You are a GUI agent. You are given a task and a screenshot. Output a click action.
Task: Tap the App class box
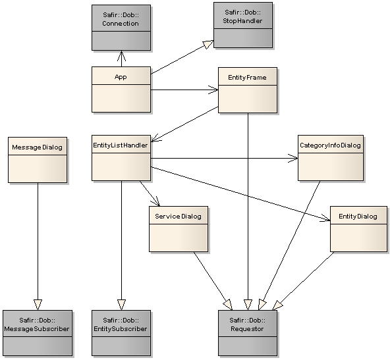coord(120,89)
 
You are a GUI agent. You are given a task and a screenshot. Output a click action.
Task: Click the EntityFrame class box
coord(247,90)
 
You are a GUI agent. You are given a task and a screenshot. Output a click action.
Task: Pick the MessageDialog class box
coord(37,159)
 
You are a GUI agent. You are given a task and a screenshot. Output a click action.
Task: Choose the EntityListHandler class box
coord(121,158)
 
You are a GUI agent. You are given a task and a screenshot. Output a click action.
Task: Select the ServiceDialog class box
coord(178,228)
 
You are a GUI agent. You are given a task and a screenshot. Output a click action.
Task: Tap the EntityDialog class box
coord(358,228)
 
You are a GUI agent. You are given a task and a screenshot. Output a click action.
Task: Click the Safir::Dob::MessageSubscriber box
coord(37,332)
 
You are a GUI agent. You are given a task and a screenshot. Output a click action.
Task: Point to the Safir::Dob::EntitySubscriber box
coord(121,332)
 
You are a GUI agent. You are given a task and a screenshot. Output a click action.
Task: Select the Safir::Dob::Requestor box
coord(248,332)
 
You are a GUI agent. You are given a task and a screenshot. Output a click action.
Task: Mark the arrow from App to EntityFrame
coord(184,89)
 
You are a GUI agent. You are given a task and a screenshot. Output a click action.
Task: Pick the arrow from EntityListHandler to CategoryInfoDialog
coord(224,158)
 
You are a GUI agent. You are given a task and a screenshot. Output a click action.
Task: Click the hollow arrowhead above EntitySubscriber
coord(121,304)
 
